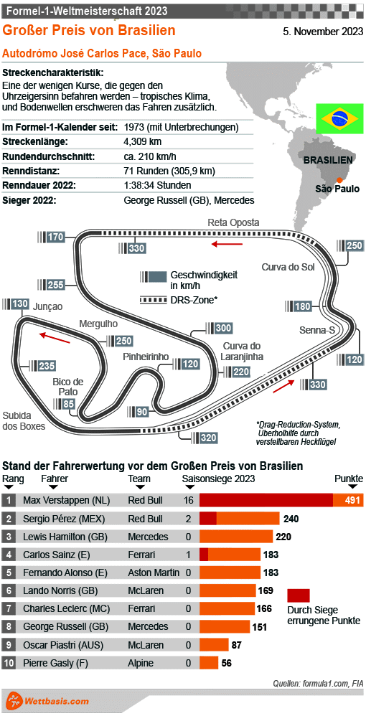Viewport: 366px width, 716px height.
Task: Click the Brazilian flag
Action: click(340, 119)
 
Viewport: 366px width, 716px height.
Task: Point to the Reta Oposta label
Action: click(233, 222)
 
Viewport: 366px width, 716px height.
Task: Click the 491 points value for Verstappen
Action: click(352, 500)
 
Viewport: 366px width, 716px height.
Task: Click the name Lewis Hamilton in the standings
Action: click(61, 536)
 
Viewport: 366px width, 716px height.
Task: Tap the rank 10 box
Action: click(9, 664)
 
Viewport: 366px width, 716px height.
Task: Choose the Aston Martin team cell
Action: click(154, 573)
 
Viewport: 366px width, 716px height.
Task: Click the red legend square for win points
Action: click(299, 595)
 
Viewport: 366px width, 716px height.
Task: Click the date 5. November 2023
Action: click(323, 31)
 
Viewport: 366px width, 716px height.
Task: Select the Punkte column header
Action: click(349, 479)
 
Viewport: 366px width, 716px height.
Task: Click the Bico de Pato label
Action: click(68, 386)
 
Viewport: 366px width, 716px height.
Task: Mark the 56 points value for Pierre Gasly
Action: click(226, 664)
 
